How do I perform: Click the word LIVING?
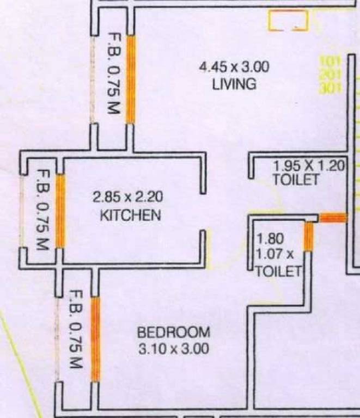[234, 84]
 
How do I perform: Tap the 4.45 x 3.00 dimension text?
[234, 68]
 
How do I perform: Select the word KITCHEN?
[131, 215]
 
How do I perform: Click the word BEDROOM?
[173, 331]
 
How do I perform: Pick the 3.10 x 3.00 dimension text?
[173, 349]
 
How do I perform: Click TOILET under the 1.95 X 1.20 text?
[295, 180]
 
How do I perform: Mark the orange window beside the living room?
[131, 79]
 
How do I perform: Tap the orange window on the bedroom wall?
[96, 339]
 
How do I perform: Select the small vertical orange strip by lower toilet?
[308, 237]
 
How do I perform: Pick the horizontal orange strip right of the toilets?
[333, 218]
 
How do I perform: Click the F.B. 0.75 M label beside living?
[113, 79]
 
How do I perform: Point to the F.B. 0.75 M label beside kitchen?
[42, 210]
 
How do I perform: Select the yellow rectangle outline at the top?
[288, 21]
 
